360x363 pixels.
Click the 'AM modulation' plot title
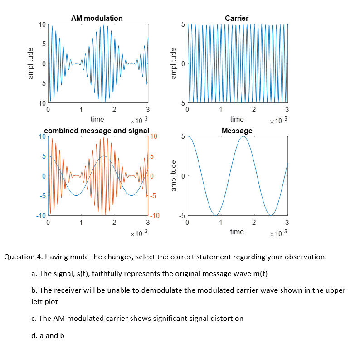(x=97, y=18)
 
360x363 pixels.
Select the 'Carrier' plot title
(x=237, y=18)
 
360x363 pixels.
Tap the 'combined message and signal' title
(x=96, y=131)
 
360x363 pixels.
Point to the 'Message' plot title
(x=237, y=131)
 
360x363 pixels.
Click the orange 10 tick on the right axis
(x=153, y=136)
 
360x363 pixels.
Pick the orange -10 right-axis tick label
(x=154, y=215)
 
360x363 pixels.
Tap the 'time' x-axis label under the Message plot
(x=237, y=232)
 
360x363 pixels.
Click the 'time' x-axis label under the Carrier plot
(x=237, y=119)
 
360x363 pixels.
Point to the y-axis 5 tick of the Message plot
(x=183, y=136)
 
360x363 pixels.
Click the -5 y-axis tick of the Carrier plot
(x=181, y=103)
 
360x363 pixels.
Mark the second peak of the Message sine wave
(x=243, y=136)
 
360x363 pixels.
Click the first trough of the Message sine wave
(x=216, y=215)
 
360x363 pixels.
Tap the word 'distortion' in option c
(x=227, y=318)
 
